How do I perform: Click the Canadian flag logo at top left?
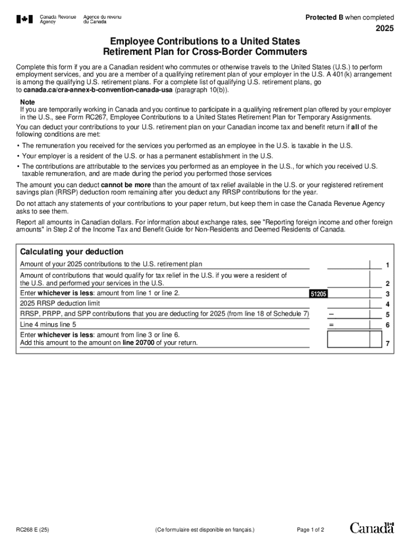[x=23, y=19]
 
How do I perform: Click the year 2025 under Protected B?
[x=384, y=29]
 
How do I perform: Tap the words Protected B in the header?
[x=324, y=18]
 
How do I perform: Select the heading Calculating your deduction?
[x=71, y=252]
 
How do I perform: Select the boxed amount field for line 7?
[x=355, y=339]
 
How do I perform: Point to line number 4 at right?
[x=388, y=304]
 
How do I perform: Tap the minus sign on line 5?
[x=331, y=314]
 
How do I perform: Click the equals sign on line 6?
[x=331, y=325]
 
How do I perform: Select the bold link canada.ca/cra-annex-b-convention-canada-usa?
[x=98, y=90]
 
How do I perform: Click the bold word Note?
[x=28, y=102]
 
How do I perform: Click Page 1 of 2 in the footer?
[x=310, y=530]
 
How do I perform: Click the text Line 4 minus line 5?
[x=48, y=325]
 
